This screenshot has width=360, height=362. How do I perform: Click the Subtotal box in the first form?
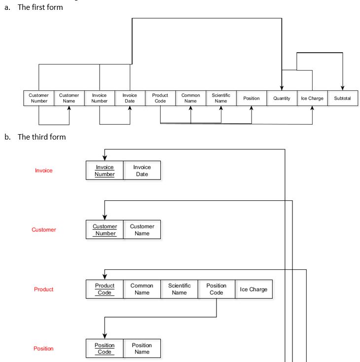pos(343,98)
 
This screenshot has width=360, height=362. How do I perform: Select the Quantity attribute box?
pos(282,98)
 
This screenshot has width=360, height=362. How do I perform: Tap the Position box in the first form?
pos(252,98)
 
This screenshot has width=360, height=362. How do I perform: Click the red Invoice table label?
pos(43,171)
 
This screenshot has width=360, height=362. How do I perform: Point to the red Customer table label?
pos(44,230)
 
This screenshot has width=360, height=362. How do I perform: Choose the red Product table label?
pos(43,289)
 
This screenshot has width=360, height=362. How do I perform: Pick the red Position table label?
pos(43,349)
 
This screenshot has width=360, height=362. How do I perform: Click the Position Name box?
pos(142,348)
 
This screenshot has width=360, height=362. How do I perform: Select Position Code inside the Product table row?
pos(216,289)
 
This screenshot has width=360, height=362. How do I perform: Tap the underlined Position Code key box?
pos(105,348)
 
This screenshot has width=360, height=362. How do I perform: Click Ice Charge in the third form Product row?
pos(253,289)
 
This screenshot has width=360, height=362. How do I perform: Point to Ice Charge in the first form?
pos(312,98)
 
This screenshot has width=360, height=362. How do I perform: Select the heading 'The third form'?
pos(41,137)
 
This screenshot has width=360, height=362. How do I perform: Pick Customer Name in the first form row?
pos(69,98)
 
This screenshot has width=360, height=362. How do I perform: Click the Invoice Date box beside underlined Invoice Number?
pos(142,171)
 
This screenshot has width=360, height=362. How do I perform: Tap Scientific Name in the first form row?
pos(221,98)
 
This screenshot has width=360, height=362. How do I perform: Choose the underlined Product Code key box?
pos(105,289)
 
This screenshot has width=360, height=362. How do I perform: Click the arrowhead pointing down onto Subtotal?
pos(343,88)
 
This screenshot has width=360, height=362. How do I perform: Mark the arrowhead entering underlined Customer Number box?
pos(105,217)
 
